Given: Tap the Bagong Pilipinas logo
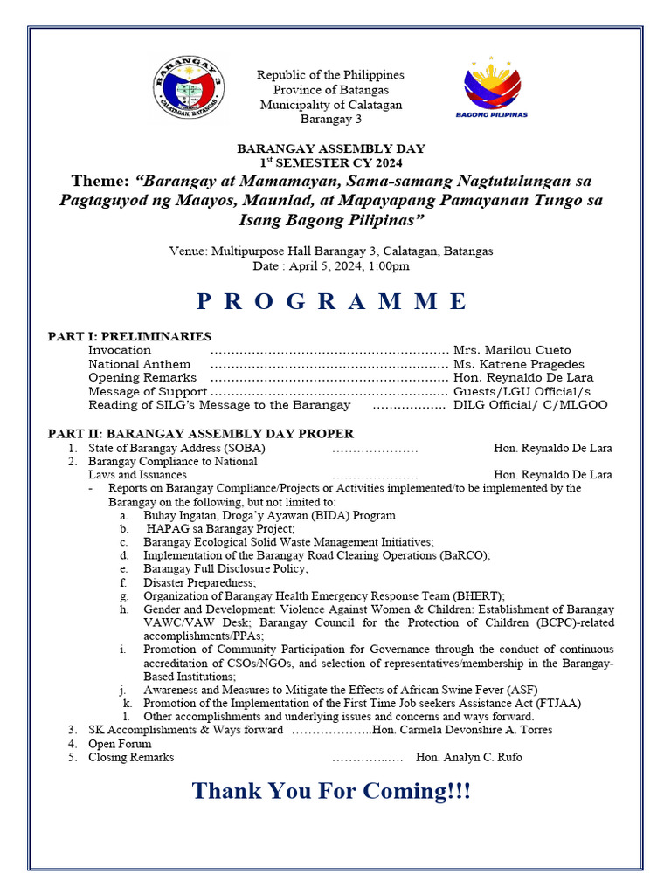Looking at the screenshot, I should (x=492, y=88).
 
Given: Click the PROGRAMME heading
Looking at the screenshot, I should (x=331, y=301).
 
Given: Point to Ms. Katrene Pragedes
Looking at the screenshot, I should (x=519, y=364).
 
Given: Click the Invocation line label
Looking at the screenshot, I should (x=120, y=350).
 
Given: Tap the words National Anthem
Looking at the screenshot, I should (x=139, y=364).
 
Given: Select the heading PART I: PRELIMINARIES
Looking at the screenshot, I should (x=129, y=335).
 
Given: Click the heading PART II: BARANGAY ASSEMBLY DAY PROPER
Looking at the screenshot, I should (x=200, y=433).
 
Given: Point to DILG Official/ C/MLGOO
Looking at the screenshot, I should (x=530, y=405).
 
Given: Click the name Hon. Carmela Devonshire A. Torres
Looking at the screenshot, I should (x=467, y=730).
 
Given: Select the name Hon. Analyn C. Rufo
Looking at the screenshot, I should (x=469, y=757).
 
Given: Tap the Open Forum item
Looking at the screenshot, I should (x=120, y=744).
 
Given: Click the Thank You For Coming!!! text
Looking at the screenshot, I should (x=331, y=792).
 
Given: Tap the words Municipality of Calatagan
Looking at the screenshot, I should (x=331, y=105).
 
